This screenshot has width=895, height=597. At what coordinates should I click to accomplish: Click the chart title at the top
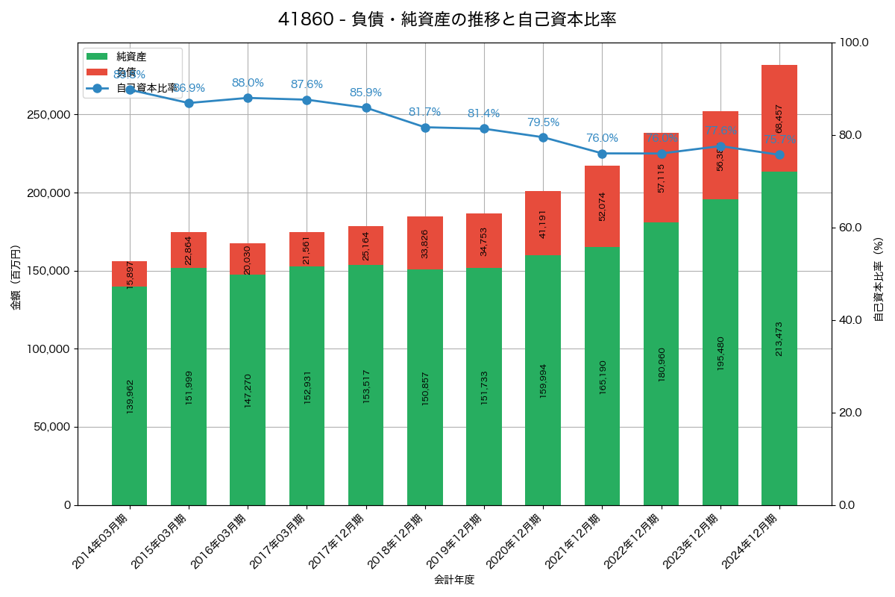(447, 19)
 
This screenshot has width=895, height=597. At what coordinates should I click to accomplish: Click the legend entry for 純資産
(131, 57)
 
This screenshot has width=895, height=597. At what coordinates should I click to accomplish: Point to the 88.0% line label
(248, 83)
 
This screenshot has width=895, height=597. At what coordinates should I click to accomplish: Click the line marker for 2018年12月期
(425, 128)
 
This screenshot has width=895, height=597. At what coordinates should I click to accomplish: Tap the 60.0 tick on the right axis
(852, 228)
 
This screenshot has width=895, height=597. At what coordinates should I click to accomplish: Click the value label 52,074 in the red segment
(603, 206)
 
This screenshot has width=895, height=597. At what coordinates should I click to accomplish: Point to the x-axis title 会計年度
(454, 579)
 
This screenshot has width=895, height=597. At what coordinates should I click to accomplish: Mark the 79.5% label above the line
(543, 122)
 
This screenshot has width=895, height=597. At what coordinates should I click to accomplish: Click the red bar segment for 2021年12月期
(602, 206)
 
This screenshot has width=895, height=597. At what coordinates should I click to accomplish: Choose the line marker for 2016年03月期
(248, 98)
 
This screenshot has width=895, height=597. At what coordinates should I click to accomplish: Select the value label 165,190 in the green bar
(603, 377)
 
